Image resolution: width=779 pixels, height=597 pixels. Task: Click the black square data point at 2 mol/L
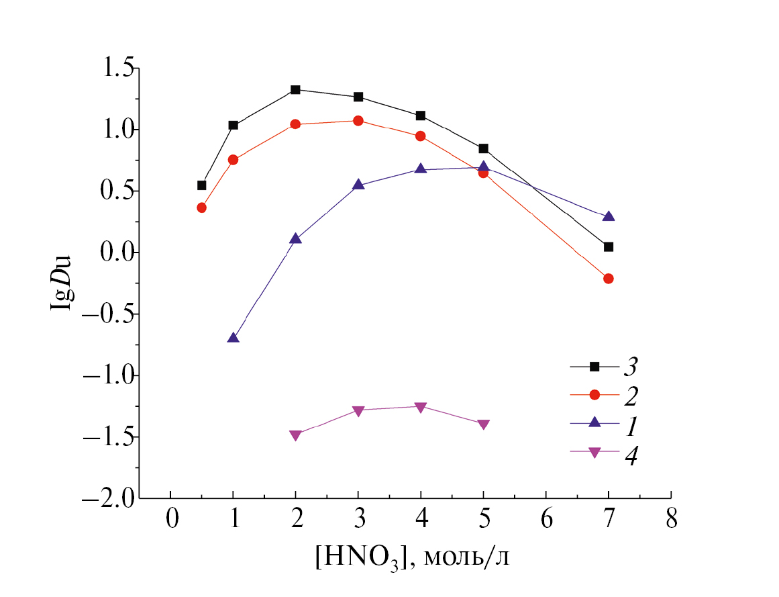tap(295, 89)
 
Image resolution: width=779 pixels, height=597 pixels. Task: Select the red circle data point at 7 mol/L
tap(609, 279)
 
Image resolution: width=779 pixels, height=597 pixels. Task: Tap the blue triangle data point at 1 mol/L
tap(233, 338)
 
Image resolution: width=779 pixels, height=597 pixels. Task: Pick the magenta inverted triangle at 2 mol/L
tap(295, 435)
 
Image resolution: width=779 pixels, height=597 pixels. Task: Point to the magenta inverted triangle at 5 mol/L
tap(483, 424)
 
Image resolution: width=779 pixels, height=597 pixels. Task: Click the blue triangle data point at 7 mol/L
tap(609, 216)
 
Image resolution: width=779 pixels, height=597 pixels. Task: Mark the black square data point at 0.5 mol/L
tap(201, 185)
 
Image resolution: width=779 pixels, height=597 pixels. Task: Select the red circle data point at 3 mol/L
tap(358, 121)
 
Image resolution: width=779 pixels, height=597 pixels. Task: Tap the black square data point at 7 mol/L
tap(609, 247)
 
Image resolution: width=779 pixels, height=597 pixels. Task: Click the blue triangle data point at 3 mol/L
tap(358, 185)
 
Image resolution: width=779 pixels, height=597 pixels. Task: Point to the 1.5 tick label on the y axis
tap(117, 68)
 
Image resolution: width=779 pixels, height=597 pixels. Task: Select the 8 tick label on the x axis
tap(671, 520)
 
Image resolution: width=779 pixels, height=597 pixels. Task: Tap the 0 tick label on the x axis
tap(171, 520)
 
